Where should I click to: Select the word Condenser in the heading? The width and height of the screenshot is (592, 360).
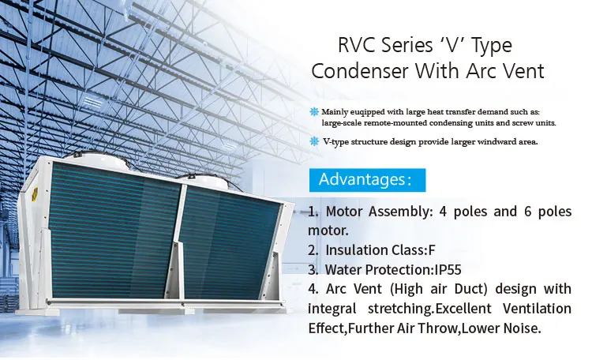359,71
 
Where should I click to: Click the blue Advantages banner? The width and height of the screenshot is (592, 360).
365,179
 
